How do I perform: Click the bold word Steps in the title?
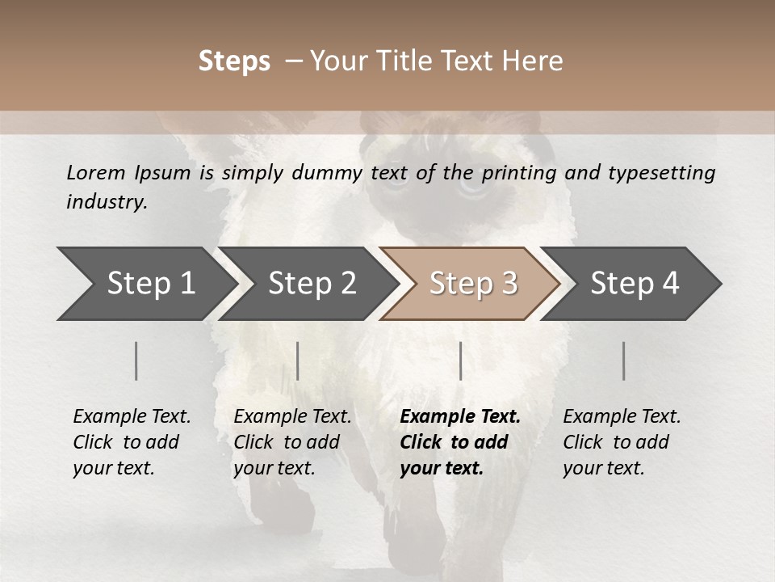pos(234,61)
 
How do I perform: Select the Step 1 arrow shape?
pos(145,284)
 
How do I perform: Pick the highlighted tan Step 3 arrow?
pos(473,284)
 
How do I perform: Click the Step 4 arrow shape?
pos(635,284)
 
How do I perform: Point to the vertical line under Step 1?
pos(136,361)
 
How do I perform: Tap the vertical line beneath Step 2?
pos(298,361)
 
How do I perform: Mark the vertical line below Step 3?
pos(460,361)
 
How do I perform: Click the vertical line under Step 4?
pos(624,361)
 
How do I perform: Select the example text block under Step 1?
pos(132,442)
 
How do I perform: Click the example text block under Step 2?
pos(292,442)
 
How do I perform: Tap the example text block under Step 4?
pos(622,442)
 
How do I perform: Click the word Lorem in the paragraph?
pos(95,172)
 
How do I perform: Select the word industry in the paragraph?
pos(107,201)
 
